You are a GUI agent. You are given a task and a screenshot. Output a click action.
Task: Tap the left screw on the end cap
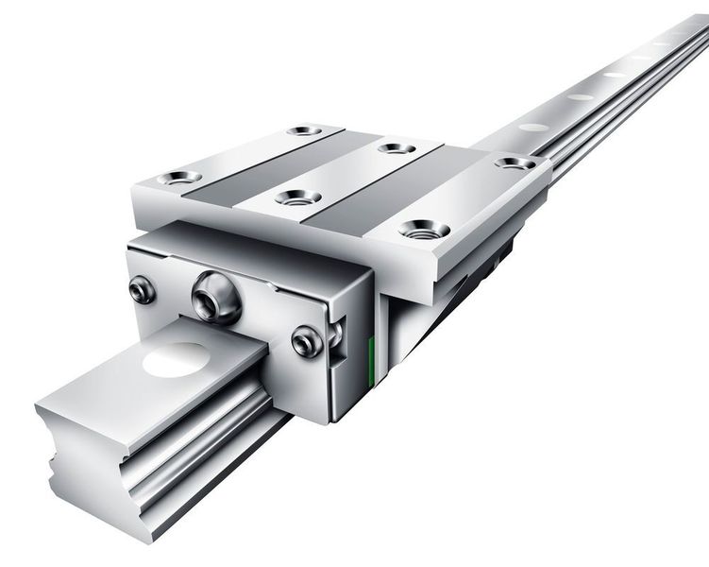[x=143, y=289]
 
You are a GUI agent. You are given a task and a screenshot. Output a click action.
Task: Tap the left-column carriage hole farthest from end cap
[x=304, y=129]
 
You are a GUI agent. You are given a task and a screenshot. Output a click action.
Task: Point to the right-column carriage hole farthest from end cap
[x=515, y=163]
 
